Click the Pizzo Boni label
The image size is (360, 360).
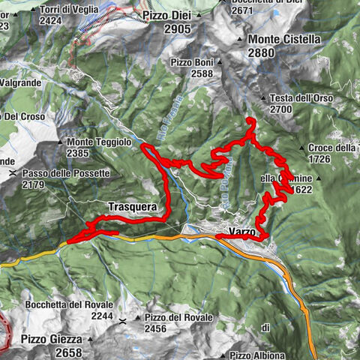[x=193, y=62]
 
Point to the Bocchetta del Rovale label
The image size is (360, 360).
[x=69, y=304]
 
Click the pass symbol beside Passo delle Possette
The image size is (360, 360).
[x=13, y=173]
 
